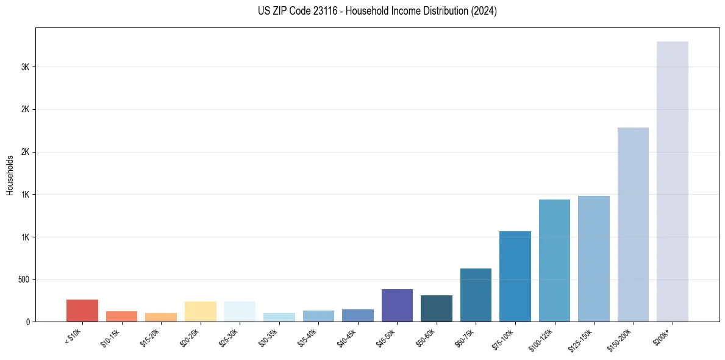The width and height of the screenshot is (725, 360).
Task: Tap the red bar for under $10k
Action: click(x=82, y=311)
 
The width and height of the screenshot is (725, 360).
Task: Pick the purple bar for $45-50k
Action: click(x=397, y=305)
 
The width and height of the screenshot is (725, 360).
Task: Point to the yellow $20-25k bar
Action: click(x=200, y=311)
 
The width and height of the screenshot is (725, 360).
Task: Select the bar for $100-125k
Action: click(x=554, y=261)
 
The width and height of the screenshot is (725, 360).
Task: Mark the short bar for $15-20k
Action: click(x=161, y=317)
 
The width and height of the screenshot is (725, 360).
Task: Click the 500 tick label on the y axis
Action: click(x=23, y=279)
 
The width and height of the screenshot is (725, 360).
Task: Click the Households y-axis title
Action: click(x=10, y=175)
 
